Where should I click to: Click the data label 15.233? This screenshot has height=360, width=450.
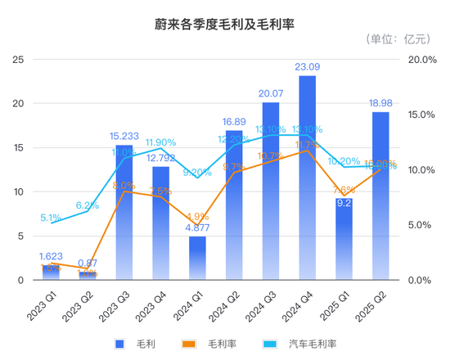pos(125,137)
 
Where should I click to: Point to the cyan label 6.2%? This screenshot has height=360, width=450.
pos(88,205)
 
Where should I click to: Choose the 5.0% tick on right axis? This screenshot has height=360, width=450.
pos(425,225)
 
